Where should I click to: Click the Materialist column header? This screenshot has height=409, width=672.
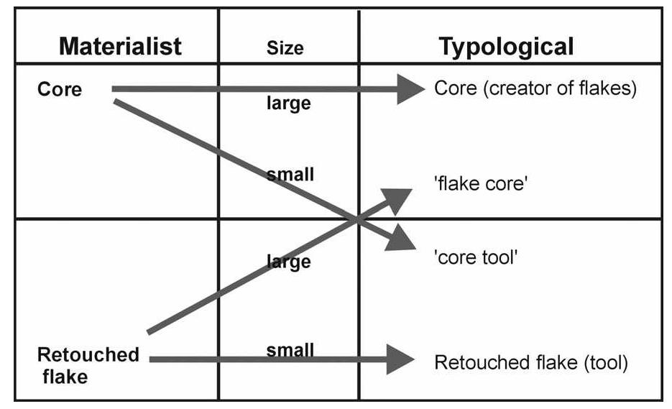pyautogui.click(x=120, y=47)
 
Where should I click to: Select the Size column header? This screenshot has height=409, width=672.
pyautogui.click(x=285, y=48)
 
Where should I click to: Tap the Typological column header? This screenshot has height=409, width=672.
pyautogui.click(x=506, y=47)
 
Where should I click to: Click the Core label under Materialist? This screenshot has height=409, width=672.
pyautogui.click(x=60, y=89)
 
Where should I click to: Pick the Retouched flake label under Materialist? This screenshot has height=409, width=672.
pyautogui.click(x=88, y=364)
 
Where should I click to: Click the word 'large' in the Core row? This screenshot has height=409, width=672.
pyautogui.click(x=288, y=104)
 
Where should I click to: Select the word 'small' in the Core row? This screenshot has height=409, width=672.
pyautogui.click(x=290, y=174)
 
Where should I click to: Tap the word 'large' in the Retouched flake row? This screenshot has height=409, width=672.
pyautogui.click(x=288, y=262)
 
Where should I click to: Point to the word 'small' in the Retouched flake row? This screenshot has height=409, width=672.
pyautogui.click(x=290, y=350)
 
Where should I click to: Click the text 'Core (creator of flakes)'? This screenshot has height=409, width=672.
pyautogui.click(x=535, y=89)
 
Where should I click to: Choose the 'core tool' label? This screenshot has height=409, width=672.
pyautogui.click(x=476, y=257)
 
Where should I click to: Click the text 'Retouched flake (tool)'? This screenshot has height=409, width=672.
pyautogui.click(x=531, y=362)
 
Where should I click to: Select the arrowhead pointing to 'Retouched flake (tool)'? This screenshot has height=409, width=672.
pyautogui.click(x=400, y=359)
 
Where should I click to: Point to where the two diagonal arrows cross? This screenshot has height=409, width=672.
pyautogui.click(x=357, y=219)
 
